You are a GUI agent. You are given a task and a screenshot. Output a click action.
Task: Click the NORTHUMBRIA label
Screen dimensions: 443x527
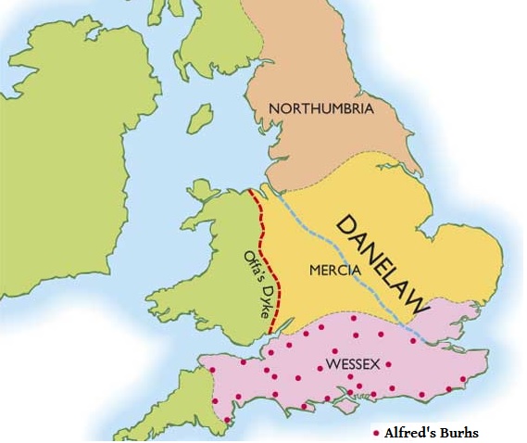pos(320,109)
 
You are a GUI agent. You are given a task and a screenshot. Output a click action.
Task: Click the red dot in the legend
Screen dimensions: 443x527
pos(375,433)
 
